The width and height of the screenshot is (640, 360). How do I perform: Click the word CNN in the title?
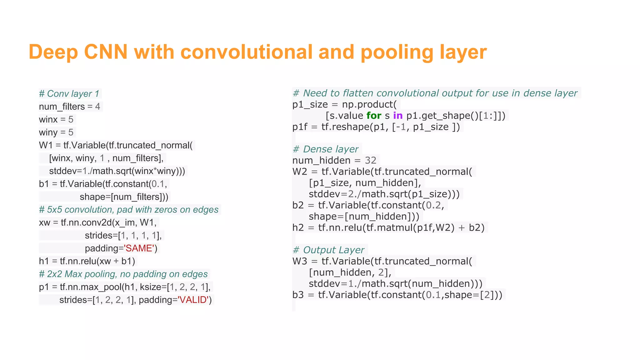pos(106,52)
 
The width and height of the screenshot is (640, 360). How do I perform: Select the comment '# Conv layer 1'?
pos(69,94)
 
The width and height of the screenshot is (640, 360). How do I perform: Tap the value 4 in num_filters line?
pos(97,107)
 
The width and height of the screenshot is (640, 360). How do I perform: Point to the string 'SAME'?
pos(139,248)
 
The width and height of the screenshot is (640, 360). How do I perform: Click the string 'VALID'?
pos(193,300)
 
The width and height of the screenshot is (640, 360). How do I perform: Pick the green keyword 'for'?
pos(374,116)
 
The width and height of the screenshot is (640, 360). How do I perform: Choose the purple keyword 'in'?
pos(397,116)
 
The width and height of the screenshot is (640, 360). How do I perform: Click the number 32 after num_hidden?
pos(371,160)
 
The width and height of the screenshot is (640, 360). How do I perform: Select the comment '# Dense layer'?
pos(325,149)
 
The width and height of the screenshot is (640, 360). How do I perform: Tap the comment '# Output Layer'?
pos(328,250)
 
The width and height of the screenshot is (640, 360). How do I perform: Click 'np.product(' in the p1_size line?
pos(369,104)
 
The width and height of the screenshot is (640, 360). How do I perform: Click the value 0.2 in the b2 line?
pos(433,205)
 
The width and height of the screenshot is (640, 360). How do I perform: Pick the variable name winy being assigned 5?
pos(48,132)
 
